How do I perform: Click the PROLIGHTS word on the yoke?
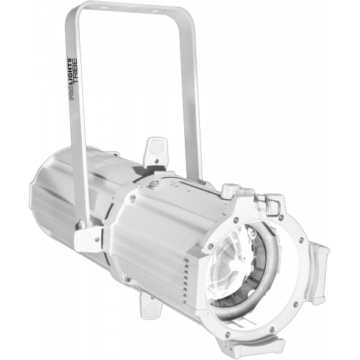click(x=72, y=79)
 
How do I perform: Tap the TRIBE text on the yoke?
click(x=76, y=71)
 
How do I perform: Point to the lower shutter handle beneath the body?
click(x=151, y=307)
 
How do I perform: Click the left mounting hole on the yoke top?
click(x=104, y=8)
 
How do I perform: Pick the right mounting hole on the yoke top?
click(x=155, y=11)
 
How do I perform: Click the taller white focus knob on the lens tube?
click(x=229, y=190)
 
